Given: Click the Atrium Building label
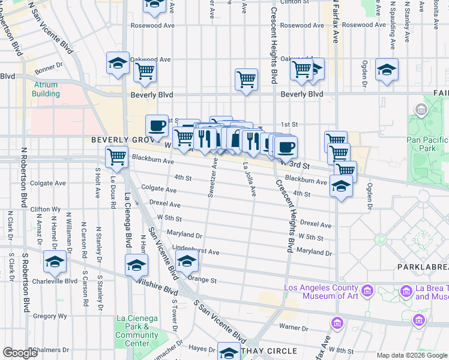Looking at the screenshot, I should [46, 89].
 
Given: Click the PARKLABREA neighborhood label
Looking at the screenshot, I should [422, 266].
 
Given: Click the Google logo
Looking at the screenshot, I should [20, 353].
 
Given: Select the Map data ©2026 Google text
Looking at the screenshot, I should [411, 355].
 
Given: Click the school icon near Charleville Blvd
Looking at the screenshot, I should [55, 262].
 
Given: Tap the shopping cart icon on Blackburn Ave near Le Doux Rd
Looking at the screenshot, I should [116, 158].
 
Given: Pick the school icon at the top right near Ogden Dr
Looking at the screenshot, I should [387, 70].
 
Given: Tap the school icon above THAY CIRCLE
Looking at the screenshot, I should [228, 353].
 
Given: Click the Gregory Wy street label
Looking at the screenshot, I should [46, 316].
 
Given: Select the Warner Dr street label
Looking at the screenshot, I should [294, 328].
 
